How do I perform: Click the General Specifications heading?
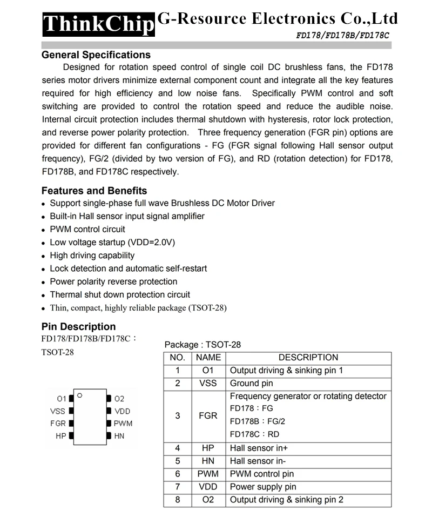96,55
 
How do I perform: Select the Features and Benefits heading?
94,191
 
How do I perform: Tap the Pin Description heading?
78,327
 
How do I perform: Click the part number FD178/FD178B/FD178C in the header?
342,35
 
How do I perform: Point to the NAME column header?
208,358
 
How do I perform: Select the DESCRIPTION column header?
308,358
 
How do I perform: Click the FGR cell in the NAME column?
208,417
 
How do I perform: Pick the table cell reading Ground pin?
252,384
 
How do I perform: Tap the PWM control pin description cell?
262,474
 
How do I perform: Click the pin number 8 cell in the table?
178,500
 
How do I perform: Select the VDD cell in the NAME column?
208,487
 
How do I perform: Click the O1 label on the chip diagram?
61,399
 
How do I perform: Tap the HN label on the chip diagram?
119,436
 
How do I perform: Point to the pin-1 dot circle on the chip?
79,395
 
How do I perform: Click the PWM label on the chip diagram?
123,424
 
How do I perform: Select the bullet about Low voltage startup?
112,243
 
